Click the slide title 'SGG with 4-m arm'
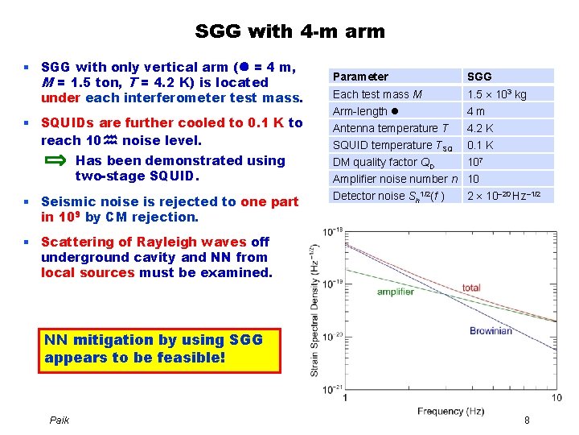click(289, 31)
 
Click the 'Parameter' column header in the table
click(360, 77)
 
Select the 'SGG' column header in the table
click(479, 77)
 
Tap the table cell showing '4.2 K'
click(480, 128)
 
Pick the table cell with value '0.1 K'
click(480, 145)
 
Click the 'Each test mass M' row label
click(378, 94)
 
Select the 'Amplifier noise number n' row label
click(395, 179)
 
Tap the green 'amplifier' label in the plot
click(396, 292)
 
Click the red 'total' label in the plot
click(471, 288)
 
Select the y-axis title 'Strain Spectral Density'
click(314, 314)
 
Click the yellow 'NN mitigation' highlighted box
click(160, 349)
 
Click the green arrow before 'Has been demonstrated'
click(55, 160)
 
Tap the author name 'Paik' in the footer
click(60, 420)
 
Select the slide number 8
click(527, 420)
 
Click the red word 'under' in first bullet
click(61, 98)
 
